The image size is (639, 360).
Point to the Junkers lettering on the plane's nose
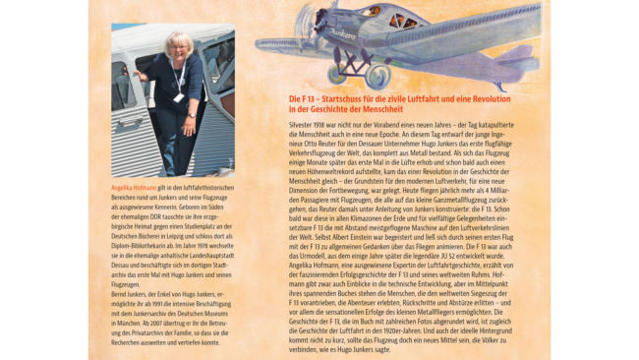click(x=341, y=32)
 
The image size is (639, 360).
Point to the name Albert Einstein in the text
click(x=360, y=236)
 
